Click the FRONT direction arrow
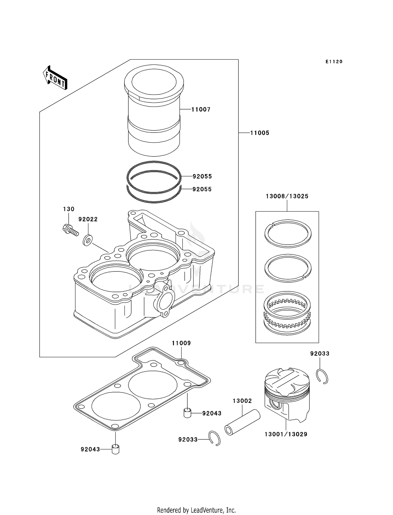click(55, 78)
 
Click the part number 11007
click(201, 109)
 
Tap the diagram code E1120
click(334, 62)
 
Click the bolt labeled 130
click(70, 230)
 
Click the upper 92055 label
click(202, 176)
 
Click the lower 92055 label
click(202, 189)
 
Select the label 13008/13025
click(287, 196)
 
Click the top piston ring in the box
click(288, 233)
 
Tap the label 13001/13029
click(286, 434)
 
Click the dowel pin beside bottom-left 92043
click(115, 449)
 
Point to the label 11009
click(181, 343)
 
